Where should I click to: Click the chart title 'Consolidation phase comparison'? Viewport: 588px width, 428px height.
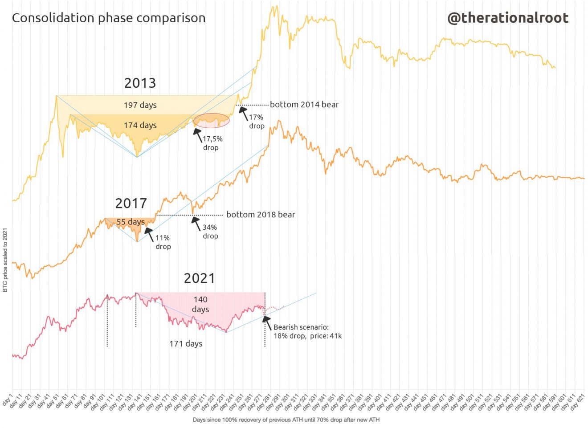pos(108,18)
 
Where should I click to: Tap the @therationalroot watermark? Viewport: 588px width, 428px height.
pos(507,18)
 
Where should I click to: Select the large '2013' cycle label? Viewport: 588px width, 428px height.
pos(140,83)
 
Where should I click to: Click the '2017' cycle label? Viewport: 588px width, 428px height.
pos(131,204)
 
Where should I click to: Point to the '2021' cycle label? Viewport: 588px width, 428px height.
pos(199,278)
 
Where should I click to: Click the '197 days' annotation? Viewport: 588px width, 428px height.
pos(140,105)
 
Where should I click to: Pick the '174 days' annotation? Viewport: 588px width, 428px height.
pos(140,125)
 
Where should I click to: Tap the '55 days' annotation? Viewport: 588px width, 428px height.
pos(131,222)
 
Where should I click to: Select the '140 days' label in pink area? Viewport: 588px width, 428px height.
pos(200,304)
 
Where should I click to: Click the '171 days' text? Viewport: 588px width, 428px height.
pos(186,344)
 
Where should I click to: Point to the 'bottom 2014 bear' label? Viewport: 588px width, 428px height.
pos(304,105)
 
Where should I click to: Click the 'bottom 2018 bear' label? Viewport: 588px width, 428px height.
pos(261,215)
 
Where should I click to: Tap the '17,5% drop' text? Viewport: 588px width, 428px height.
pos(212,143)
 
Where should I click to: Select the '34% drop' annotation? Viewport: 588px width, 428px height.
pos(210,232)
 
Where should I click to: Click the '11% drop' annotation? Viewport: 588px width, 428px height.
pos(163,242)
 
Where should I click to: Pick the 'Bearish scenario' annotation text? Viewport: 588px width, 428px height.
pos(307,331)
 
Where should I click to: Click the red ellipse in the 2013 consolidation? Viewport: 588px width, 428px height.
pos(212,120)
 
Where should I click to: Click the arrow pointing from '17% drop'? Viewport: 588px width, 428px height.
pos(243,113)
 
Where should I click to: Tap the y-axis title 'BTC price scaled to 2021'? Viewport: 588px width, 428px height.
pos(5,260)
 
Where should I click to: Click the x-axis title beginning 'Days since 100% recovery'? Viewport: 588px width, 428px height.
pos(286,420)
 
